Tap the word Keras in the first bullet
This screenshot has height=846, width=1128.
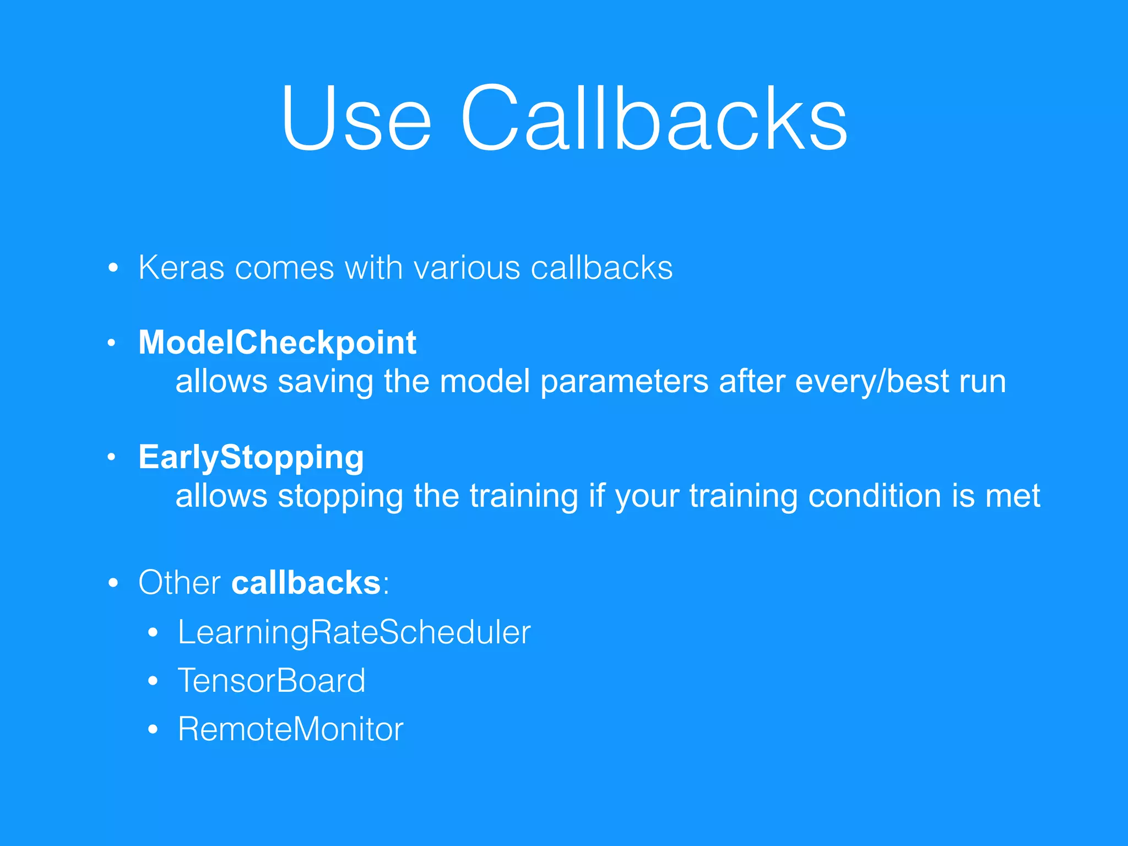click(181, 268)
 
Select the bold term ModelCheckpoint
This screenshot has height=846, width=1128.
click(277, 343)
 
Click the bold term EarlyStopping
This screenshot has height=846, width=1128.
click(251, 457)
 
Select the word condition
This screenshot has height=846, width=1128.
click(875, 496)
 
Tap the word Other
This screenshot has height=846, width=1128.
click(180, 583)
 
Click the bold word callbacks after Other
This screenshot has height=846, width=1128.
click(306, 583)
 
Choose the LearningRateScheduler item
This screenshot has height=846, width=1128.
click(354, 632)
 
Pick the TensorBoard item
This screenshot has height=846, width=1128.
click(272, 681)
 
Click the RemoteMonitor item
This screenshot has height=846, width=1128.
click(291, 729)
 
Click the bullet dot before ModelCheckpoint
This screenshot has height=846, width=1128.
click(112, 343)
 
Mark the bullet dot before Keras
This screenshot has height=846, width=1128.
click(113, 268)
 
